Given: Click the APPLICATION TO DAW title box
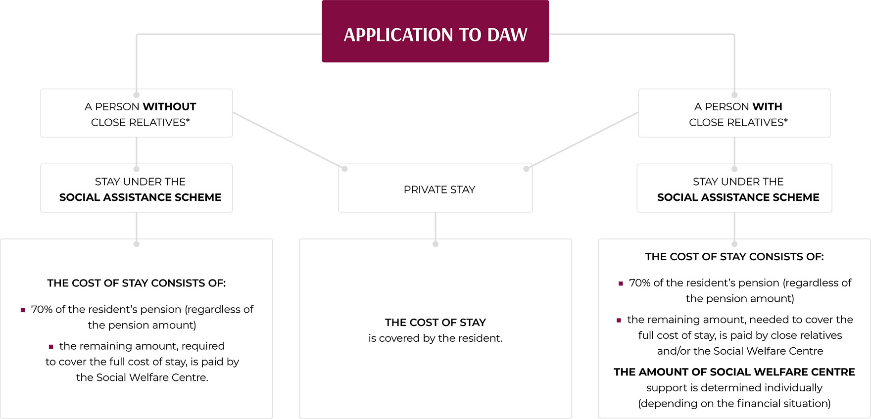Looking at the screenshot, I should (x=435, y=32).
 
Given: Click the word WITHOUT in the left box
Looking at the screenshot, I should (x=169, y=107).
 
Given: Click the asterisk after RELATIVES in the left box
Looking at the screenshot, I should (x=188, y=120).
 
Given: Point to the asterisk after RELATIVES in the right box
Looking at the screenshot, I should (x=786, y=120).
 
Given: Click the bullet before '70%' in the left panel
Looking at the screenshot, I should (x=23, y=310).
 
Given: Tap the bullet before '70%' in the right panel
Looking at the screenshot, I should (x=621, y=283).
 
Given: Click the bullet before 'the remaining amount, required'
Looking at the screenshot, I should (x=51, y=347).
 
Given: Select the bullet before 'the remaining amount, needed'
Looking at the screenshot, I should (x=619, y=321).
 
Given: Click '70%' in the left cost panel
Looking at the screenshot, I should (x=42, y=310).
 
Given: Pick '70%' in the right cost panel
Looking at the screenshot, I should (x=639, y=283).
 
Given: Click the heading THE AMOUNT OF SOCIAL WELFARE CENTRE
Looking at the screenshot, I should (x=734, y=372).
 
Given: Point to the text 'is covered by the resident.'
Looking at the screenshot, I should (x=435, y=338).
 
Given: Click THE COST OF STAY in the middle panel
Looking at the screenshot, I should (x=435, y=323).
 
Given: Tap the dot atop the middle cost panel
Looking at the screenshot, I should (x=435, y=244).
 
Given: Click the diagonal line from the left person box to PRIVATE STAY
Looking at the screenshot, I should (x=289, y=140).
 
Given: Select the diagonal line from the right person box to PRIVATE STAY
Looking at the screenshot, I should (x=582, y=140).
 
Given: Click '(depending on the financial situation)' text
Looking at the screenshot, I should (x=734, y=404).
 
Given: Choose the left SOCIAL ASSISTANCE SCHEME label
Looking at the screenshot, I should (x=140, y=197).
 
